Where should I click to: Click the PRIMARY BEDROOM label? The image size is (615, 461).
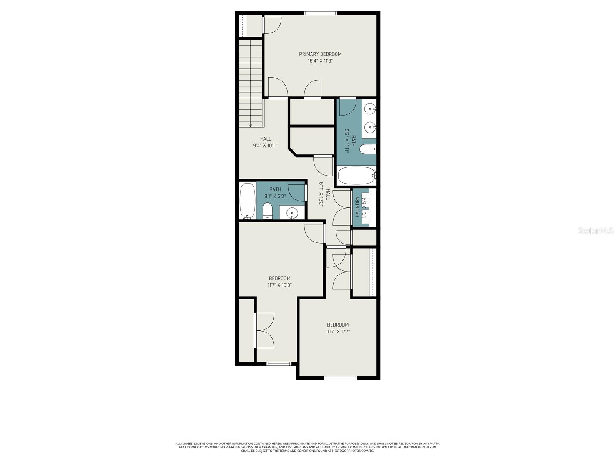(320, 54)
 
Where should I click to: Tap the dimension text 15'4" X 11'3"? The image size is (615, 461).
(320, 61)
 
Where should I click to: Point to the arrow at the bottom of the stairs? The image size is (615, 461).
(250, 124)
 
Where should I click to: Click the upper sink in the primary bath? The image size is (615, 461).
(370, 109)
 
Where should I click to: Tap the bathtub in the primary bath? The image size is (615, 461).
(356, 176)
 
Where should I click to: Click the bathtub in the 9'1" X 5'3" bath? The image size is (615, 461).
(247, 201)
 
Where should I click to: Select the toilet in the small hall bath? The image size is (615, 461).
(268, 211)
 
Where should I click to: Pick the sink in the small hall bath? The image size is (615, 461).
(293, 212)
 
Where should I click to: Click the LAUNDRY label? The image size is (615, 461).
(357, 207)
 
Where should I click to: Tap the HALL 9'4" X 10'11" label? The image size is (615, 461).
(265, 142)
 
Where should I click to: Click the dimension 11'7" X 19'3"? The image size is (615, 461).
(279, 285)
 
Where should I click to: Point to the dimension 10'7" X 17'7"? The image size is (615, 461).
(338, 332)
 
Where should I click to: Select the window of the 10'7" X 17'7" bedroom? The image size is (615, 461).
(341, 378)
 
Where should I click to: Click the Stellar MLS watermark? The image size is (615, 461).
(596, 231)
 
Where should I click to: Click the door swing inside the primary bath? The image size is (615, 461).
(347, 107)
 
